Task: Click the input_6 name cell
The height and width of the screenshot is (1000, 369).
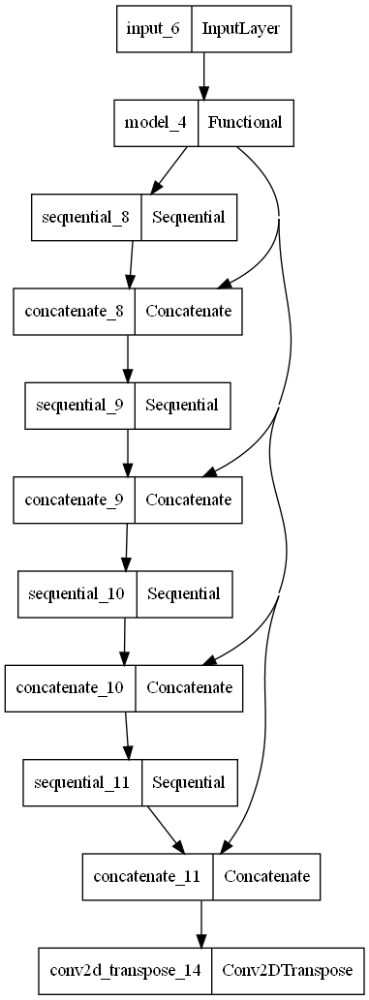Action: click(x=153, y=29)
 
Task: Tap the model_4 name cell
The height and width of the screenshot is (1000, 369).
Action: click(x=156, y=122)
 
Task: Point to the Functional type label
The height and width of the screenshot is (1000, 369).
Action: click(x=244, y=122)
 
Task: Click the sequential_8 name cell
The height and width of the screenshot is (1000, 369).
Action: click(x=86, y=217)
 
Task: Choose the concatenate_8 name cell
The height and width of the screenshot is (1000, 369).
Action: click(x=75, y=311)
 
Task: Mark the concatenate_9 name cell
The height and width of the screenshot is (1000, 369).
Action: click(x=75, y=499)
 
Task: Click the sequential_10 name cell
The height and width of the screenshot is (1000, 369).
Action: click(x=77, y=592)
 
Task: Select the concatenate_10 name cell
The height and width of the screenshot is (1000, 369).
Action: click(x=71, y=686)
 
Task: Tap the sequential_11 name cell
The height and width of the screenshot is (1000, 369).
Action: click(x=82, y=780)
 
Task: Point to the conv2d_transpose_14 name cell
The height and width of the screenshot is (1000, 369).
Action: click(x=126, y=969)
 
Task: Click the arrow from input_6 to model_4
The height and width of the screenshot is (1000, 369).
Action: click(x=203, y=76)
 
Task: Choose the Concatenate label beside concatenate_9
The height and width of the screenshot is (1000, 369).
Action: click(x=189, y=499)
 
